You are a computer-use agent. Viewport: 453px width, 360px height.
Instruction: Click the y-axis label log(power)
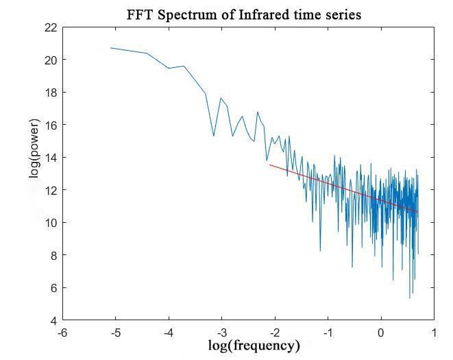pos(34,149)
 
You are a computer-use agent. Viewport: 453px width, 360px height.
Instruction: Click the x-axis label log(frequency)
pos(254,345)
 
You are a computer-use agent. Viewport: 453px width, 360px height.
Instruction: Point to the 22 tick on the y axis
pos(51,27)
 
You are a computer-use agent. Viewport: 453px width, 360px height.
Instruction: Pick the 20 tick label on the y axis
pos(51,60)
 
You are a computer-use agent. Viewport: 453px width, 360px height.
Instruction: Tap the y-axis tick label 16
pos(51,125)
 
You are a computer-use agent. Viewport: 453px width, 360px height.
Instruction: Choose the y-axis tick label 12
pos(51,190)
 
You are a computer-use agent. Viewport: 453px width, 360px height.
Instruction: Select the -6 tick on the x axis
pos(62,333)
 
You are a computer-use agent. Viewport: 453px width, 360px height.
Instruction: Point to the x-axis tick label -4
pos(168,333)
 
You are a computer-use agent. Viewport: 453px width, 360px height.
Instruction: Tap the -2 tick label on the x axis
pos(274,333)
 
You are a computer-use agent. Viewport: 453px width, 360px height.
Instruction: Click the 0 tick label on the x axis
pos(381,333)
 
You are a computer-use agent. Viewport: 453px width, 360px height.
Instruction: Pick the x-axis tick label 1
pos(434,333)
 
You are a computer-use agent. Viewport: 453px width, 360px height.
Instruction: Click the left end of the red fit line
pos(269,165)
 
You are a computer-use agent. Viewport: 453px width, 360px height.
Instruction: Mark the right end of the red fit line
pos(418,213)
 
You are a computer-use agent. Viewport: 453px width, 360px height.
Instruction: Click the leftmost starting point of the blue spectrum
pos(111,48)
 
